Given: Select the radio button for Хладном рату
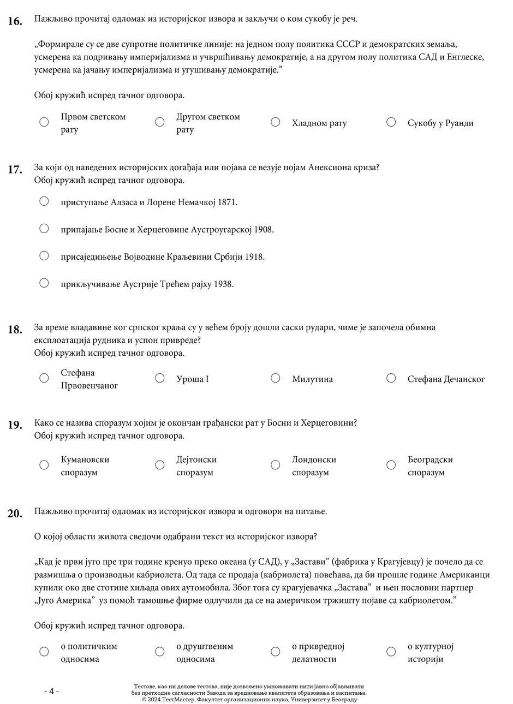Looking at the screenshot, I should coord(276,122).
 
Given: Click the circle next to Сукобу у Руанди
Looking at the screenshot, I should coord(391,122).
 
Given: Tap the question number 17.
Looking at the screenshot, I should coord(15,169).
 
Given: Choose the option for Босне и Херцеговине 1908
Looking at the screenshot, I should coord(44,228).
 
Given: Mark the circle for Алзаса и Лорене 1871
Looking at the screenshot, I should coord(44,201).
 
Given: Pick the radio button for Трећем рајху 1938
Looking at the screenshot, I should coord(44,283).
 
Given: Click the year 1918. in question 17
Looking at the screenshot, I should coord(254,256).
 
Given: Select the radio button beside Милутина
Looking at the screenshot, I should coord(276,378).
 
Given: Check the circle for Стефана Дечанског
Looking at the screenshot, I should coord(391,378).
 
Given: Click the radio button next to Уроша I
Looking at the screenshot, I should coord(160,378).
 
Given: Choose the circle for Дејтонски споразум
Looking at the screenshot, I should coord(160,465).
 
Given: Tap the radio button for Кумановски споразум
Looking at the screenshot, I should coord(44,465).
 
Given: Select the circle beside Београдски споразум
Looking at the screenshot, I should coord(391,465).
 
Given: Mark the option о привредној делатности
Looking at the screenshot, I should coord(276,652).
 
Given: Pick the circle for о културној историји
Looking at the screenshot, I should coord(391,652).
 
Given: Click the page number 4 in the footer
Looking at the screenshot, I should coord(51,691).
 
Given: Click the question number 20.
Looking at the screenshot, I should coord(15,513).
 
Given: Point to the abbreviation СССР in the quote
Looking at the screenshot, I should coord(348,44).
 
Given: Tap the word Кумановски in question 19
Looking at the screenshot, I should coord(85,460).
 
